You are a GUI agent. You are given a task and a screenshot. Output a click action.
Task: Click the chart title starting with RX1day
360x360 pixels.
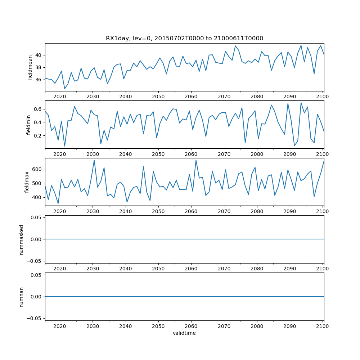coord(184,38)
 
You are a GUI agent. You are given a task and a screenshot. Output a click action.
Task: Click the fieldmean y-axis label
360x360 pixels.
coord(30,67)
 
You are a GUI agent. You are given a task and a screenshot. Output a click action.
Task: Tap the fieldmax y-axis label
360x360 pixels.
coord(27,182)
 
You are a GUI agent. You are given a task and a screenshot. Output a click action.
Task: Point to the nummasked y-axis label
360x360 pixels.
coord(21,239)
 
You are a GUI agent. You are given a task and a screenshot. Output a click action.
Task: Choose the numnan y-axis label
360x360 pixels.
coord(21,297)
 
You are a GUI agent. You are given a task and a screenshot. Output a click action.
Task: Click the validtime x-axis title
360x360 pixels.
coord(184,333)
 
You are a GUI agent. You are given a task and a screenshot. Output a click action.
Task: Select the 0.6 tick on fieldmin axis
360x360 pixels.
coord(38,109)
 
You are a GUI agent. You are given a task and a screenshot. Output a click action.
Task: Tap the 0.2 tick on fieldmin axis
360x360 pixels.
coord(38,136)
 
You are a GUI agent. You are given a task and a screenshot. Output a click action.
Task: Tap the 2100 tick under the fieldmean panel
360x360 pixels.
coord(322,97)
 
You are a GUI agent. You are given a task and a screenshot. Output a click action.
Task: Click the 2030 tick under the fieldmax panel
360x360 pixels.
coord(93,212)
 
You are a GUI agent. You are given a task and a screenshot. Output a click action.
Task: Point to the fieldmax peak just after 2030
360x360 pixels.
coord(94,160)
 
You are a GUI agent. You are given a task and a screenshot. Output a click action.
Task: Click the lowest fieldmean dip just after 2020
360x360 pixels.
coord(65,89)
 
